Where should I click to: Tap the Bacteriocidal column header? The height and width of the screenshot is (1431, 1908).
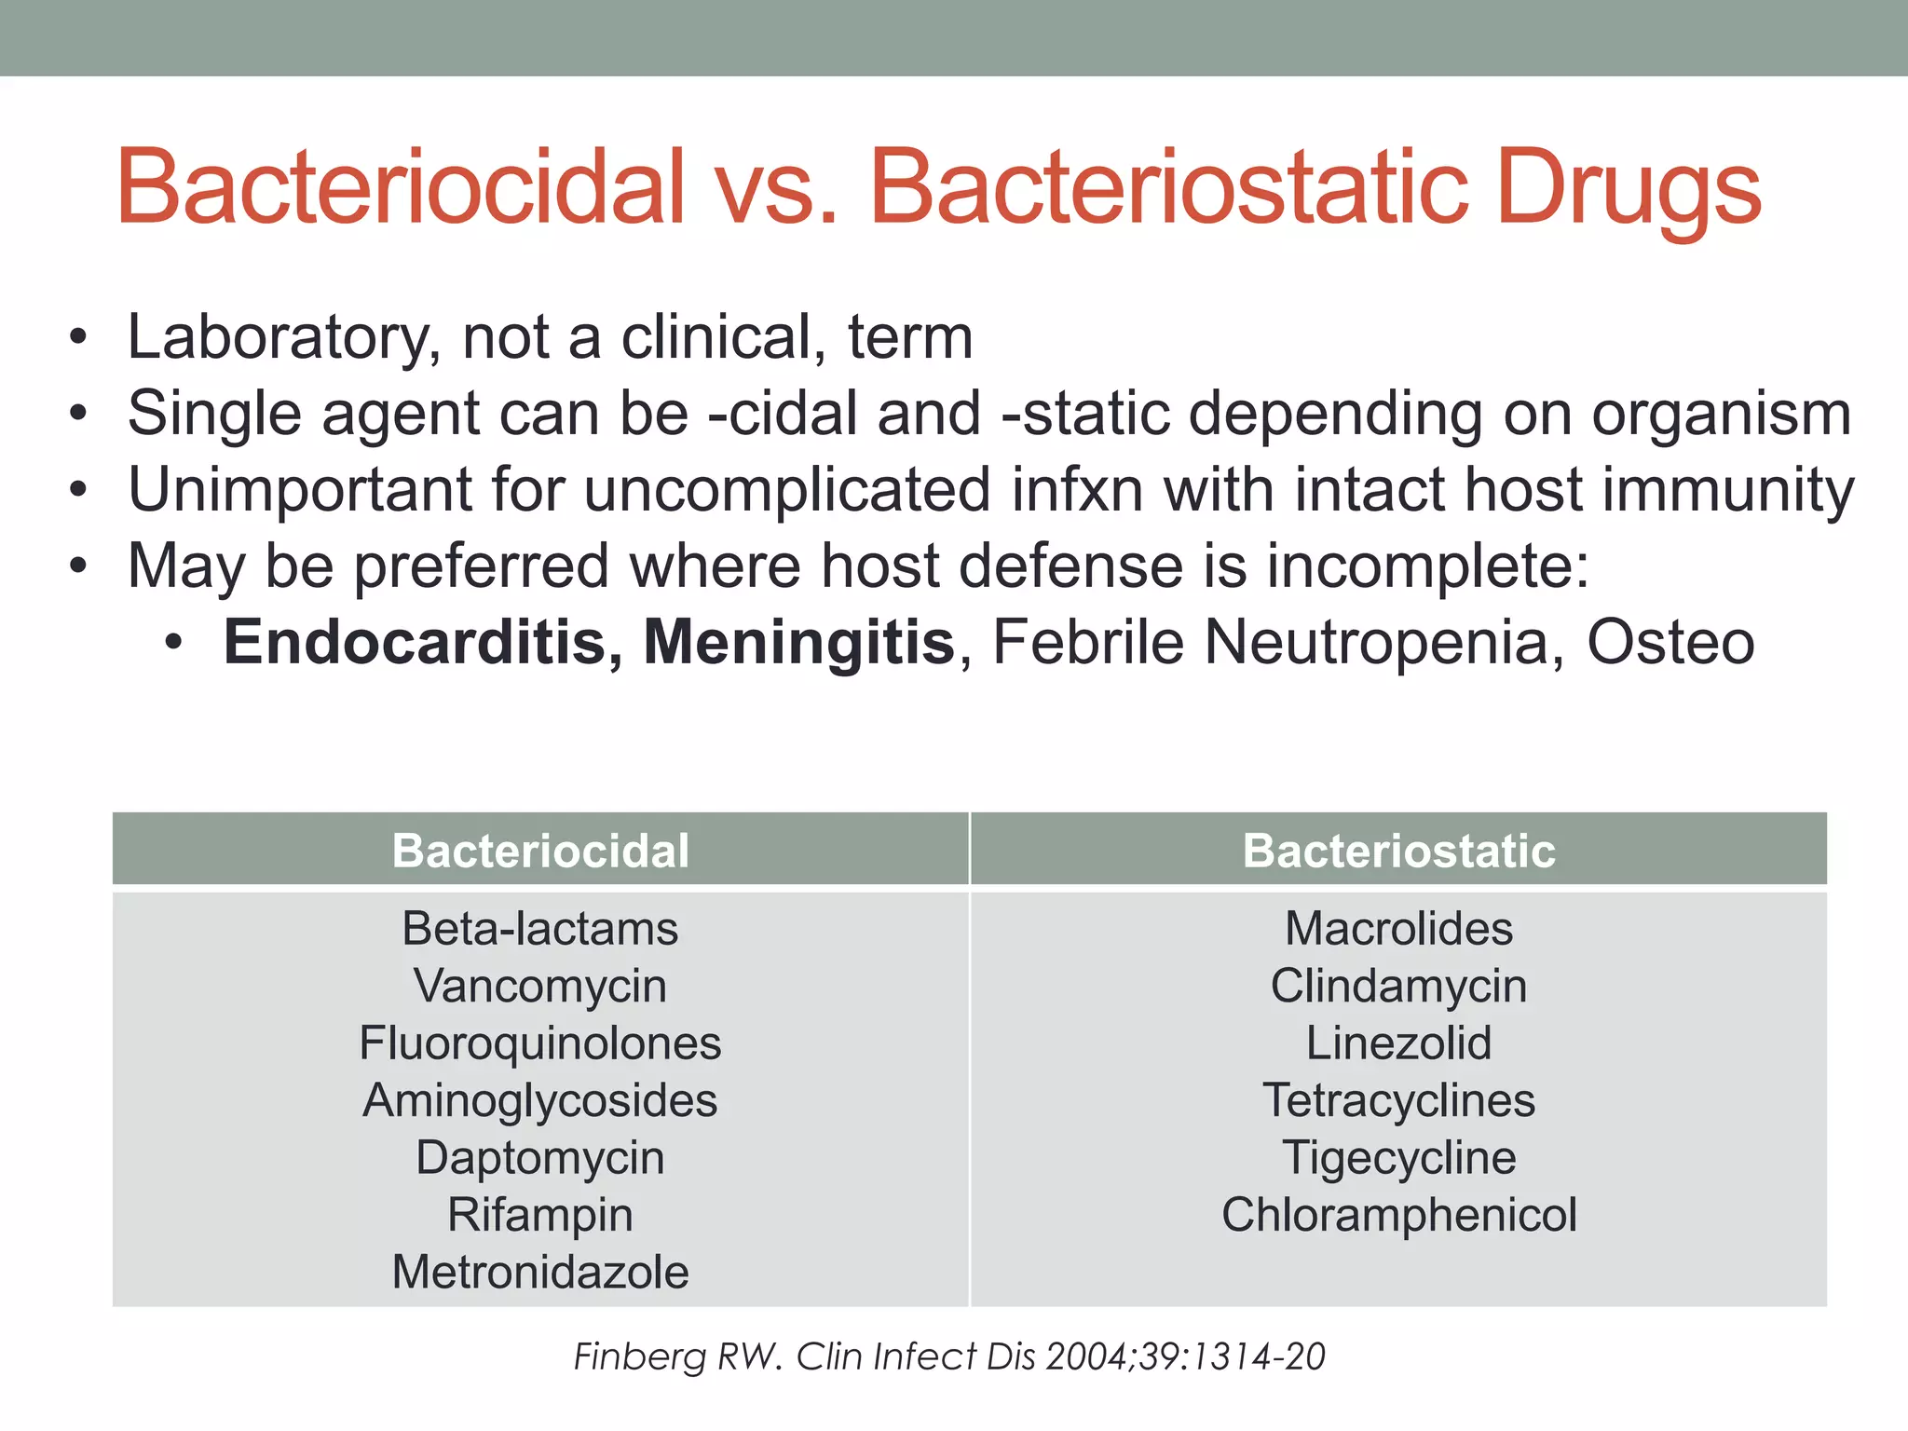pyautogui.click(x=540, y=851)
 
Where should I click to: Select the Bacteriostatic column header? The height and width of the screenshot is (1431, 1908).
pyautogui.click(x=1398, y=851)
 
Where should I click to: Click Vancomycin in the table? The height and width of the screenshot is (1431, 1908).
pyautogui.click(x=540, y=986)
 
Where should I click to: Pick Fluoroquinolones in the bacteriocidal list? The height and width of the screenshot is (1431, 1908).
pyautogui.click(x=540, y=1043)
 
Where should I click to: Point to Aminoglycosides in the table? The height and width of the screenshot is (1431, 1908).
pyautogui.click(x=540, y=1100)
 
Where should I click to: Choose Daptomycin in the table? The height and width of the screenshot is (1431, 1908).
pyautogui.click(x=540, y=1158)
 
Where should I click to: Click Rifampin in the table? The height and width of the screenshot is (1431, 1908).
pyautogui.click(x=540, y=1215)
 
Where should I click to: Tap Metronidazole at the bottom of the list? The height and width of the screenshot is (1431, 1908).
pyautogui.click(x=540, y=1272)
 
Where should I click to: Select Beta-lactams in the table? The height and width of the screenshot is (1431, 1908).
pyautogui.click(x=540, y=929)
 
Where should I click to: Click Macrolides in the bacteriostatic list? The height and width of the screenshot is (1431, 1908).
pyautogui.click(x=1398, y=929)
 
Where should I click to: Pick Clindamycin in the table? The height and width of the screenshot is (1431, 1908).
pyautogui.click(x=1398, y=986)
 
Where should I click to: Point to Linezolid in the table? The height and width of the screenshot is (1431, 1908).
pyautogui.click(x=1398, y=1043)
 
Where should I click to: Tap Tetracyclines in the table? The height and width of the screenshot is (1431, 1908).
pyautogui.click(x=1398, y=1100)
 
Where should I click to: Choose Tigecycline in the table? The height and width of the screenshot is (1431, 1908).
pyautogui.click(x=1398, y=1158)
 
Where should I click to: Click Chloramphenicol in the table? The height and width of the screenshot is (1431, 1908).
pyautogui.click(x=1398, y=1215)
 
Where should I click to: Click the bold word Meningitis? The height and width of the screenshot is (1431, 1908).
pyautogui.click(x=799, y=642)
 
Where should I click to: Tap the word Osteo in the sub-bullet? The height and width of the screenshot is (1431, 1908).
pyautogui.click(x=1670, y=642)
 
